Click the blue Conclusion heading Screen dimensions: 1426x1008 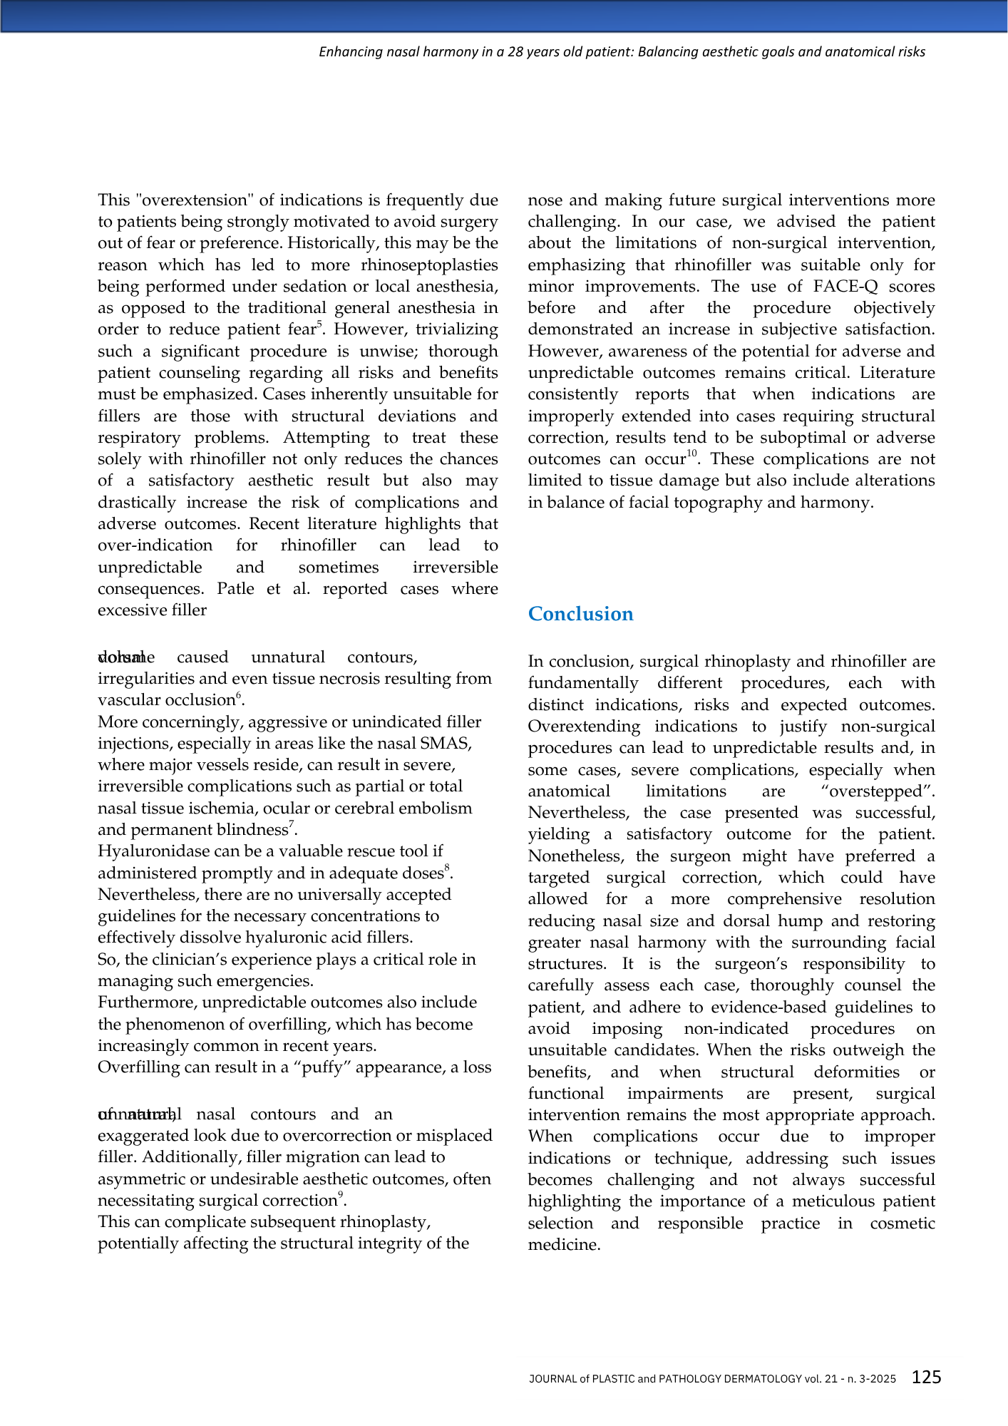pos(580,614)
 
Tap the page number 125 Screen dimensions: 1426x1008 pos(926,1377)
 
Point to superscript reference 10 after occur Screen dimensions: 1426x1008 pos(691,454)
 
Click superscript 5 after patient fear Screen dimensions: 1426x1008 pos(320,324)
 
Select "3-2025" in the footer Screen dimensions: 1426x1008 pos(877,1379)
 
